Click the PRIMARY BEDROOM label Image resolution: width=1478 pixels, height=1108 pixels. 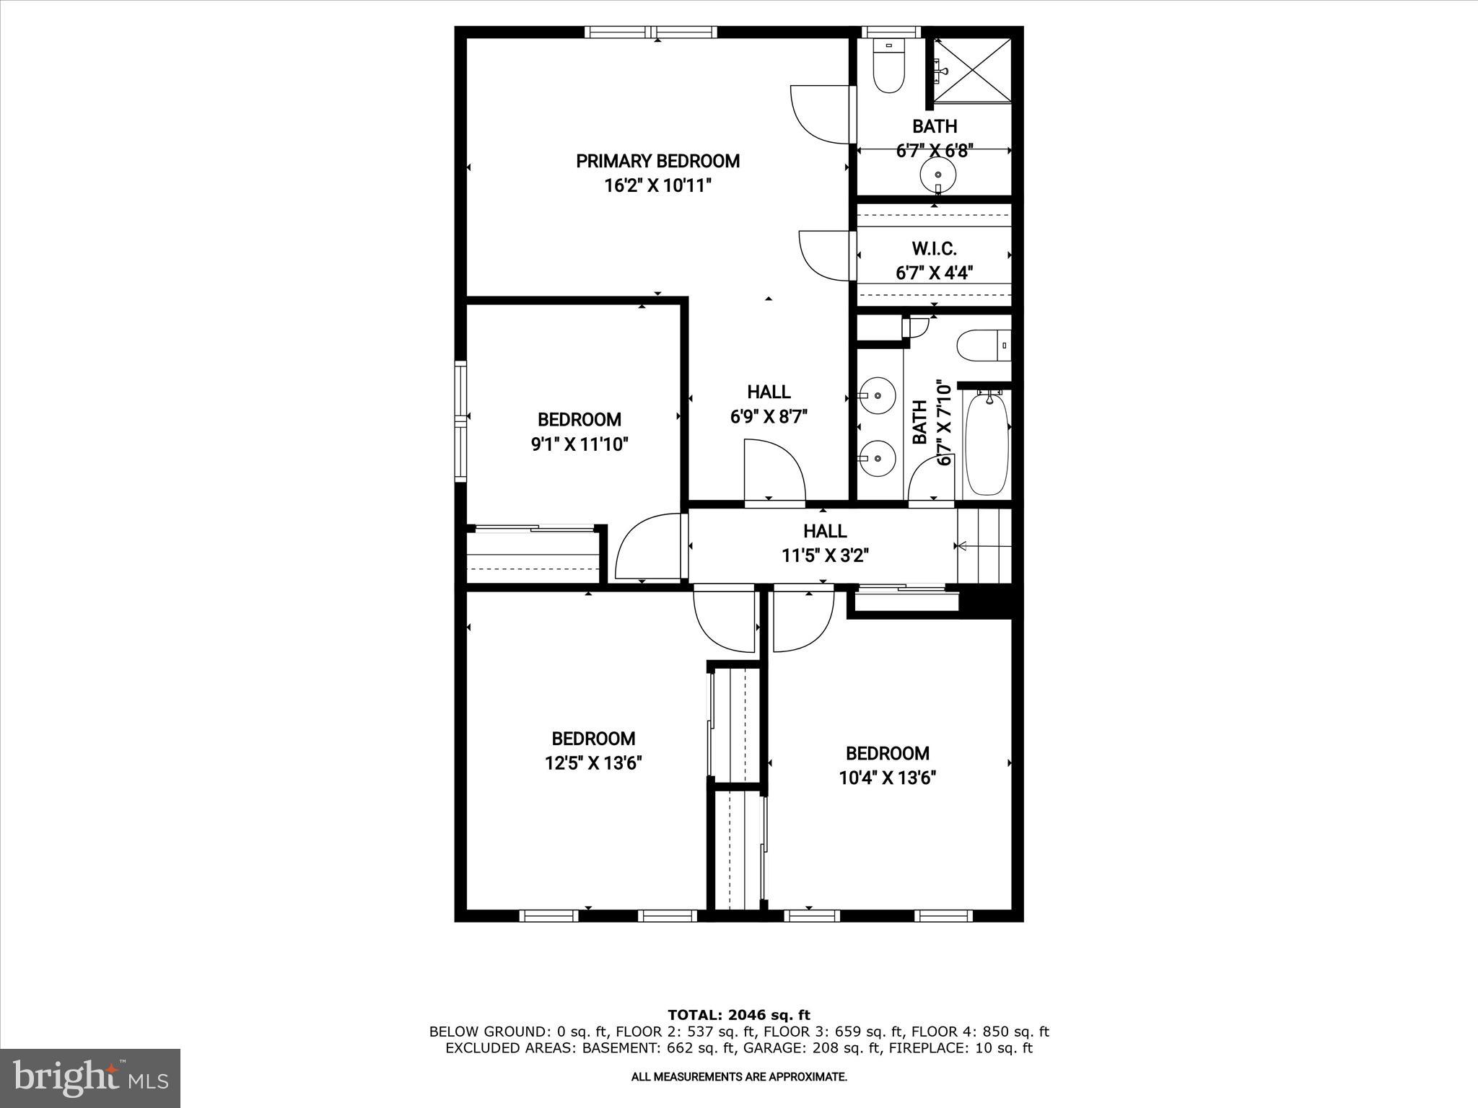(x=657, y=161)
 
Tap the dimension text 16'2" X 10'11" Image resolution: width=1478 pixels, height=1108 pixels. (x=657, y=186)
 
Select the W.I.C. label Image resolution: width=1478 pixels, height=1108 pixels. (x=934, y=249)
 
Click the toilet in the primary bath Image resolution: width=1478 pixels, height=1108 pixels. (x=888, y=66)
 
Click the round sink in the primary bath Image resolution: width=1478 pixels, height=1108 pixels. (x=937, y=174)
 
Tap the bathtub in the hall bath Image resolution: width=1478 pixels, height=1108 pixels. (x=987, y=444)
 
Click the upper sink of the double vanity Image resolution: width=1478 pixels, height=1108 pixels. (x=878, y=395)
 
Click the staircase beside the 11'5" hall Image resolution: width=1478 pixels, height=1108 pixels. (x=984, y=545)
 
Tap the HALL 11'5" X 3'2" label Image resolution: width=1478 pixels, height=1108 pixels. (x=825, y=543)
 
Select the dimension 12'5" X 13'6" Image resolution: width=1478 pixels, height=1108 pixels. (x=593, y=763)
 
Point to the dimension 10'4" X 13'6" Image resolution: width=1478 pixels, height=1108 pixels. (x=887, y=778)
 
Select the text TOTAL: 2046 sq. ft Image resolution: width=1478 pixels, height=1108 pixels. (x=738, y=1016)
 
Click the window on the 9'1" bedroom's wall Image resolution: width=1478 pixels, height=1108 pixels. (x=460, y=421)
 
